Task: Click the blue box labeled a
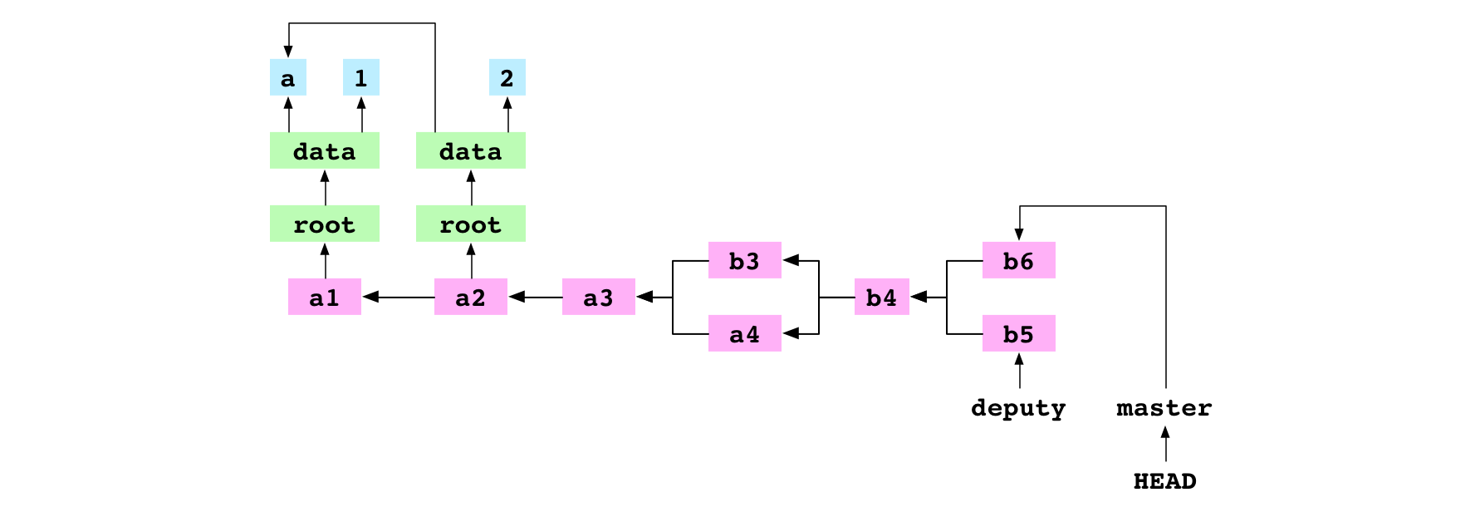287,77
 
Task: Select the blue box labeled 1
360,77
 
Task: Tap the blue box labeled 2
507,77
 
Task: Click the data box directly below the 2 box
470,150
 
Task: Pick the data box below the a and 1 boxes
324,150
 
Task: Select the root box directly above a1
324,224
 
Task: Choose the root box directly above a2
470,224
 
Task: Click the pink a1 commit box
324,297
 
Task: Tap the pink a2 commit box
470,297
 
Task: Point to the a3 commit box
598,297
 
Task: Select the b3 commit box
744,260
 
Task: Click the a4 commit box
744,333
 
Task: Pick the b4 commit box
881,297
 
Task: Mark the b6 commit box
1018,260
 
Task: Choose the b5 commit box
1018,333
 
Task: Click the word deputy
1018,407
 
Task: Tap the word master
1164,407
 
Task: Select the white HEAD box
1164,480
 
